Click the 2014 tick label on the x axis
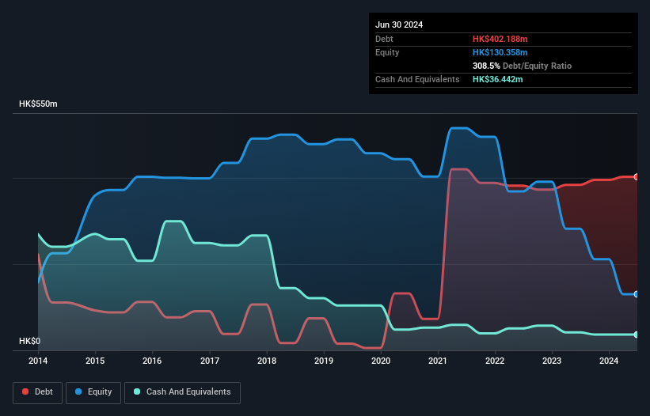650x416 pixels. click(38, 361)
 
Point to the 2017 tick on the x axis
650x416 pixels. click(210, 361)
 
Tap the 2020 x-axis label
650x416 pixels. click(381, 361)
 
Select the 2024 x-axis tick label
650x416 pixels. click(609, 361)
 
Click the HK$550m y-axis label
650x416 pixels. click(39, 104)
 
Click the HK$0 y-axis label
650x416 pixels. click(29, 341)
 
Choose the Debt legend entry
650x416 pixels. click(40, 392)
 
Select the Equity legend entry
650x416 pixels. click(93, 392)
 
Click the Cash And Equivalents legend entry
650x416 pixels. click(182, 392)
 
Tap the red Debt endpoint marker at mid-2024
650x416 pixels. click(637, 176)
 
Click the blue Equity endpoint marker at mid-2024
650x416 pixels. click(637, 293)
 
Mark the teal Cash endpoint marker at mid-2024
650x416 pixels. click(637, 335)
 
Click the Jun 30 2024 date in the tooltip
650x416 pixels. click(399, 25)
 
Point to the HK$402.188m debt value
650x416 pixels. click(500, 39)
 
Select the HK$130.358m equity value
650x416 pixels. click(500, 52)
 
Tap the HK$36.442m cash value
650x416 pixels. click(497, 80)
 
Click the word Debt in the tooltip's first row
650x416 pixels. click(384, 39)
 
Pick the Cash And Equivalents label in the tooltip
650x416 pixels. click(417, 80)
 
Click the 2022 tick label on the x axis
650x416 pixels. click(495, 361)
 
